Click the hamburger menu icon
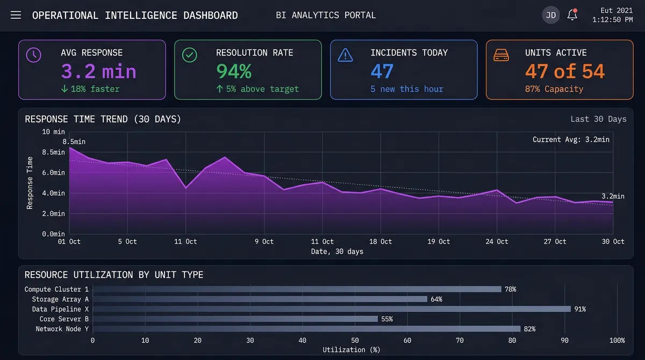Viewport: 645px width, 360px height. pyautogui.click(x=16, y=15)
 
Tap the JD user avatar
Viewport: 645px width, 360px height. pyautogui.click(x=550, y=15)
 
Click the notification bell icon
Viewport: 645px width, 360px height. pyautogui.click(x=572, y=15)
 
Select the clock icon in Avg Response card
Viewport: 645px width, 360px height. pyautogui.click(x=34, y=55)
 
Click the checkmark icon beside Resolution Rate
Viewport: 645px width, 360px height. pyautogui.click(x=190, y=55)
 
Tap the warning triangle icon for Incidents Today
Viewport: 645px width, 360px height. pyautogui.click(x=345, y=55)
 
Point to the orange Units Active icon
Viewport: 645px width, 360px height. pyautogui.click(x=501, y=55)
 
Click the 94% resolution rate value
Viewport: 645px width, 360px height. pyautogui.click(x=234, y=71)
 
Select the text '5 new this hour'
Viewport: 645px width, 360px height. pyautogui.click(x=407, y=89)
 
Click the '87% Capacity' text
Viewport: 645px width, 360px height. pyautogui.click(x=554, y=89)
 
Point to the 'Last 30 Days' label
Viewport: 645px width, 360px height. pyautogui.click(x=598, y=119)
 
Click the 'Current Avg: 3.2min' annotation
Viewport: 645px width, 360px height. pyautogui.click(x=571, y=140)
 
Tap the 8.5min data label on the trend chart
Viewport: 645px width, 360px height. pyautogui.click(x=74, y=142)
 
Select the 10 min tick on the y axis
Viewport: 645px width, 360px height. pyautogui.click(x=53, y=132)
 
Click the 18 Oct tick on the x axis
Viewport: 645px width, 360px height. pyautogui.click(x=381, y=242)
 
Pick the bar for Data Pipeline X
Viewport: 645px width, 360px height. pyautogui.click(x=332, y=309)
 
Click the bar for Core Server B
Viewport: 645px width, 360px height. pyautogui.click(x=235, y=319)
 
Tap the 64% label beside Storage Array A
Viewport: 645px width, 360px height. pyautogui.click(x=435, y=299)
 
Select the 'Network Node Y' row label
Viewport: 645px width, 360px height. pyautogui.click(x=62, y=329)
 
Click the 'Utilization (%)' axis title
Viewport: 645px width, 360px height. pyautogui.click(x=351, y=350)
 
